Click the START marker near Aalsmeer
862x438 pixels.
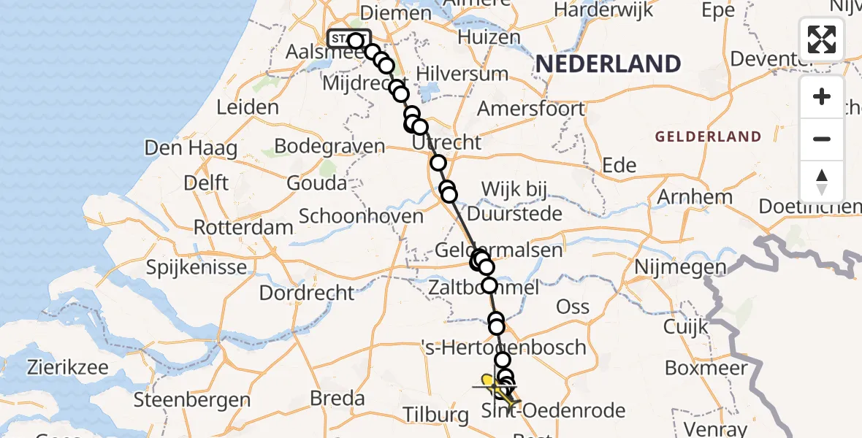tap(349, 39)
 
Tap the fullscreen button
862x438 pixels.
tap(822, 39)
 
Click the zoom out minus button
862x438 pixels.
tap(822, 139)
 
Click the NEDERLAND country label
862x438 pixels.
tap(609, 64)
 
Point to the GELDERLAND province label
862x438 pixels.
tap(708, 137)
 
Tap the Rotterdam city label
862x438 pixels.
tap(243, 227)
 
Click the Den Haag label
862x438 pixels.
tap(191, 148)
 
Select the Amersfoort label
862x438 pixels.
tap(531, 109)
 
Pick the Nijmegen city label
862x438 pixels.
tap(681, 268)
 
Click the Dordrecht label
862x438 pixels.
tap(307, 293)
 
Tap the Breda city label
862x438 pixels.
tap(337, 399)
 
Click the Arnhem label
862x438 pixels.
tap(695, 197)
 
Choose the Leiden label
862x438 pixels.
tap(248, 107)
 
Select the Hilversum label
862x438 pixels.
tap(462, 74)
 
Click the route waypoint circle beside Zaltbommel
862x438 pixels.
tap(489, 285)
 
